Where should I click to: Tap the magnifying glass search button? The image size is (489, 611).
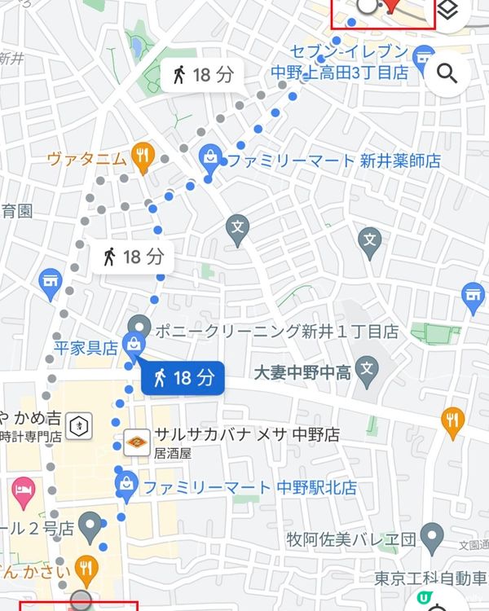coord(447,75)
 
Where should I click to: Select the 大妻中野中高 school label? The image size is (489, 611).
coord(302,374)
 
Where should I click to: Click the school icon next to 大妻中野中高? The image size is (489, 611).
coord(368,370)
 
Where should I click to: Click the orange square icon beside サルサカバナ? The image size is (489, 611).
coord(136,441)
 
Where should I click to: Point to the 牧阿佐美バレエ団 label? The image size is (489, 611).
coord(351,540)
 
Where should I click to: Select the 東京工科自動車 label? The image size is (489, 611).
coord(432,578)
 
